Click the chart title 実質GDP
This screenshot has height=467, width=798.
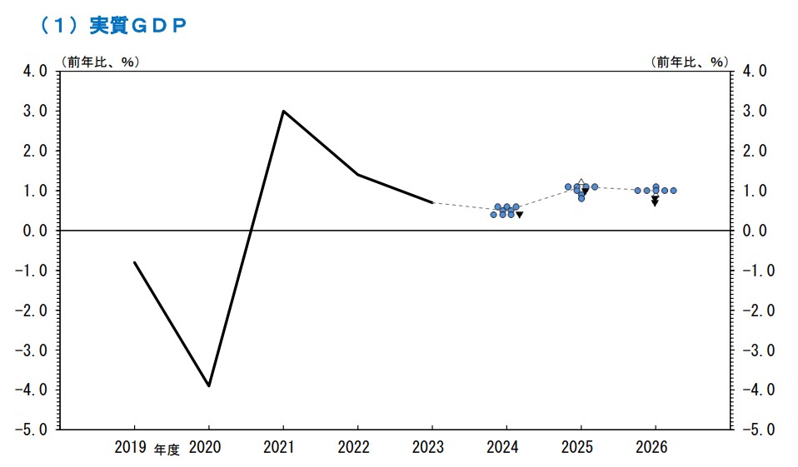click(x=112, y=26)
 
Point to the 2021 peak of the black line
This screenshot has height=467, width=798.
click(x=283, y=111)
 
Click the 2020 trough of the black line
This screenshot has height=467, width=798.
click(x=208, y=385)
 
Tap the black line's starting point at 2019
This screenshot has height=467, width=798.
click(x=134, y=262)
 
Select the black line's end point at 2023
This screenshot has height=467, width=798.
click(x=432, y=202)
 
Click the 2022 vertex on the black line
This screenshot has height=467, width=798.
click(x=357, y=175)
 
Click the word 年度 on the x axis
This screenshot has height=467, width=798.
click(x=167, y=450)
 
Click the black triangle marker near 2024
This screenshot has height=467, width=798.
click(x=520, y=215)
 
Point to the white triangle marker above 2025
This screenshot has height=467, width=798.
click(x=581, y=181)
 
